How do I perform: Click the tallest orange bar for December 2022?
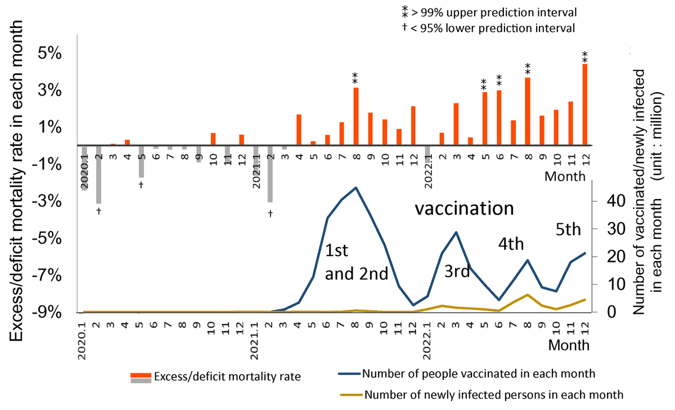(585, 105)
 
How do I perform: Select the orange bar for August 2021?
(355, 116)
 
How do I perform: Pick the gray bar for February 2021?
(270, 174)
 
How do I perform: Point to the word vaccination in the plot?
(464, 209)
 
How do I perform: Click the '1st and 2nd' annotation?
(357, 263)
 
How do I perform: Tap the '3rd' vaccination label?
(457, 271)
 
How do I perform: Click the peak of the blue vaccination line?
(355, 188)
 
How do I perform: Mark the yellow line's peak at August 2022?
(527, 295)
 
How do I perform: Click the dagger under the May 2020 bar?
(142, 185)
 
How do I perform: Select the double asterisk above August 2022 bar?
(528, 68)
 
